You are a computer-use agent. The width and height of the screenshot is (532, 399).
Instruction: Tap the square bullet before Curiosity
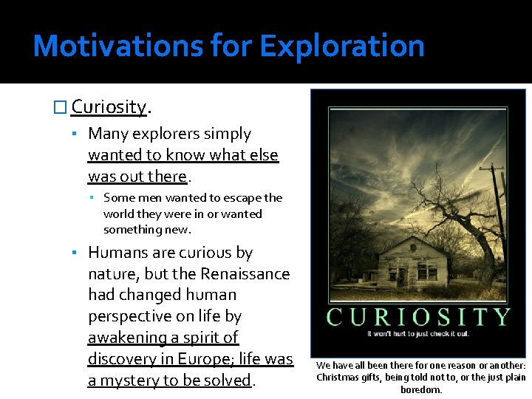tap(61, 107)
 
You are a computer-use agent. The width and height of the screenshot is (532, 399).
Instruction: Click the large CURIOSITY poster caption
tap(418, 317)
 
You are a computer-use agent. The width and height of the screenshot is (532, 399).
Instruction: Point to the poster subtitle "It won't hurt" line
tap(418, 334)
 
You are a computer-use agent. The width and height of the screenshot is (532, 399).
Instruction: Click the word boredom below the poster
tap(421, 389)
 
